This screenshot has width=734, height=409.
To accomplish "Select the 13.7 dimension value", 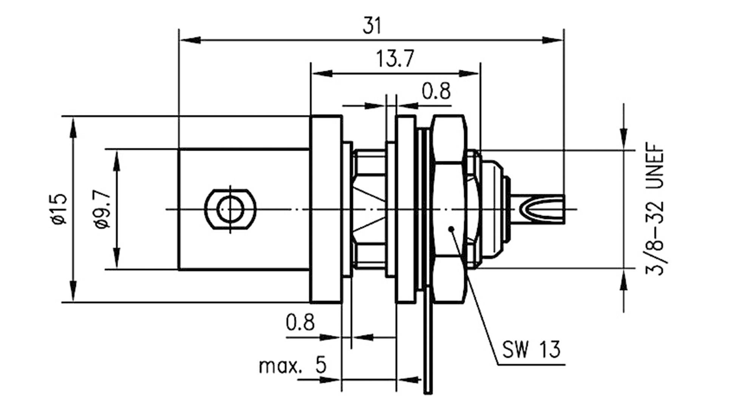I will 395,59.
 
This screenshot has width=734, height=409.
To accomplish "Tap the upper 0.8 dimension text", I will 436,91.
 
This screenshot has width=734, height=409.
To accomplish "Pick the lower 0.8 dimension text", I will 300,322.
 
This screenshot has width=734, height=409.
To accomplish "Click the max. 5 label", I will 293,366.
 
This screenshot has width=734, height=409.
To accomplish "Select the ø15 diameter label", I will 59,210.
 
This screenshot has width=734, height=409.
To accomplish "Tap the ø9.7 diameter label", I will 103,210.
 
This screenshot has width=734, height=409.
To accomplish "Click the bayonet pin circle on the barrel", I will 230,209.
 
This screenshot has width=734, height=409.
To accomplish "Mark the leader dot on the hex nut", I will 451,229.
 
